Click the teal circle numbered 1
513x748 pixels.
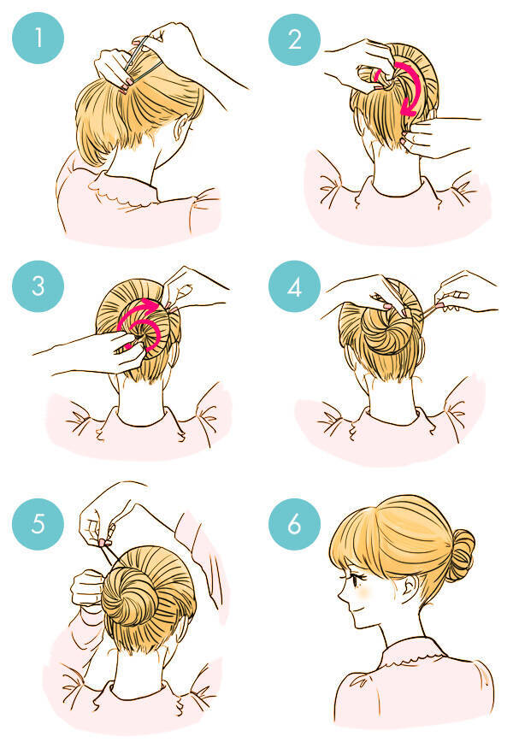pyautogui.click(x=38, y=38)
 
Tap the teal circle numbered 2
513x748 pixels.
pyautogui.click(x=294, y=39)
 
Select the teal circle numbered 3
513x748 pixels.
pyautogui.click(x=38, y=286)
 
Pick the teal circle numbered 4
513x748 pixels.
pyautogui.click(x=294, y=286)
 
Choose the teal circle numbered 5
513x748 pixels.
pyautogui.click(x=38, y=524)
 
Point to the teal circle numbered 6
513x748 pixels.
pyautogui.click(x=294, y=524)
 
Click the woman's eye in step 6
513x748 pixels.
pyautogui.click(x=357, y=580)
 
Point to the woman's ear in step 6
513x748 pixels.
pyautogui.click(x=410, y=588)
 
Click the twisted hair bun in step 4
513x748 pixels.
pyautogui.click(x=387, y=330)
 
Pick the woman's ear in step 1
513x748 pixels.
pyautogui.click(x=182, y=128)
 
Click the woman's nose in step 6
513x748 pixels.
pyautogui.click(x=341, y=595)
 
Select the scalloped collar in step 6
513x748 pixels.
pyautogui.click(x=410, y=652)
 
